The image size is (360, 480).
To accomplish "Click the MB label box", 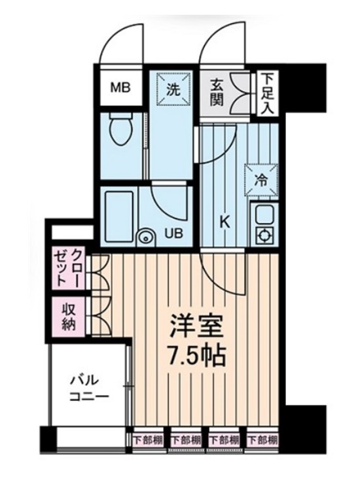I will (120, 87).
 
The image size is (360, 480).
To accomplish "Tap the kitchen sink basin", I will (264, 214).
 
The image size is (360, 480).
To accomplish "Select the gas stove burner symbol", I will (265, 235).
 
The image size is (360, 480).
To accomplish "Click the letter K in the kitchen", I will (224, 222).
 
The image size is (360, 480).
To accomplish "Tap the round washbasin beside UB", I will (145, 236).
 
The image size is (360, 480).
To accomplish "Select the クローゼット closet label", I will (69, 267).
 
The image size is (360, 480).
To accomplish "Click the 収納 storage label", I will (69, 316).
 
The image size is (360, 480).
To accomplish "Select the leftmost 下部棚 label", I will (148, 438).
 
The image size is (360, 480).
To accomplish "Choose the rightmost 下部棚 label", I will (263, 438).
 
